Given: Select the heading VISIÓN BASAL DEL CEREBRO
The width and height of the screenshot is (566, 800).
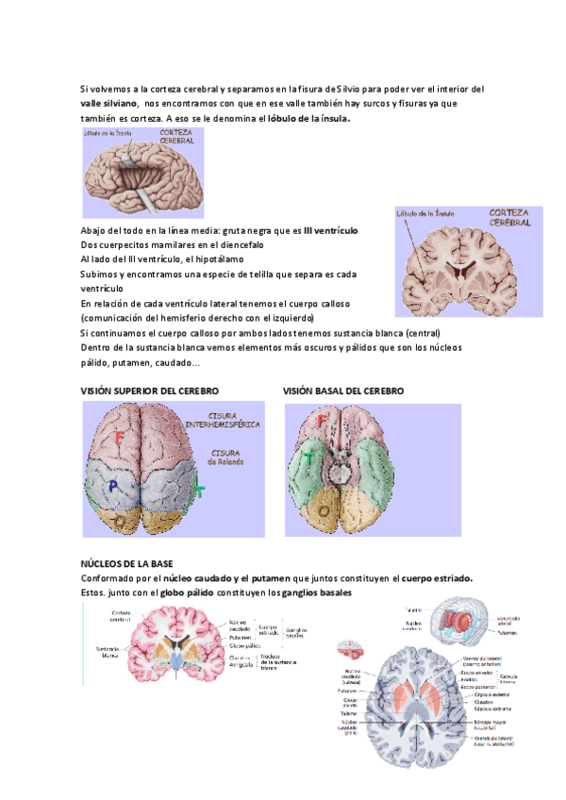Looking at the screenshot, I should point(343,391).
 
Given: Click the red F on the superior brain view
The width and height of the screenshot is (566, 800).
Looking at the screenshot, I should point(119,437).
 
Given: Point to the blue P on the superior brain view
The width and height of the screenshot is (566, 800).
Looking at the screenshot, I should point(113,487).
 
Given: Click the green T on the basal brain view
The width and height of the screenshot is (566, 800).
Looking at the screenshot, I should point(309,459).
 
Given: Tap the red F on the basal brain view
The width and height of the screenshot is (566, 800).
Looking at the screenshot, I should point(323,419).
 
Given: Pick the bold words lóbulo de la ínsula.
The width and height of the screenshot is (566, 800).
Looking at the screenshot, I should point(309,119).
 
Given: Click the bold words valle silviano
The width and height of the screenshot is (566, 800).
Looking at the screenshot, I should point(109,104).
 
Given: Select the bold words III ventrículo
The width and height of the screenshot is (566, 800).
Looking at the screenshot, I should point(337,230).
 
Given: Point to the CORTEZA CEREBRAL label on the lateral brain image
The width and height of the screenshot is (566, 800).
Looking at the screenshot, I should point(176,138).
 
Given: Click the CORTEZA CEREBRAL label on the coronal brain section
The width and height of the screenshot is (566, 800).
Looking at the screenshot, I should point(510,218).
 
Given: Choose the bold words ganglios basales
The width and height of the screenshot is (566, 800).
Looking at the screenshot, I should point(315,592).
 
